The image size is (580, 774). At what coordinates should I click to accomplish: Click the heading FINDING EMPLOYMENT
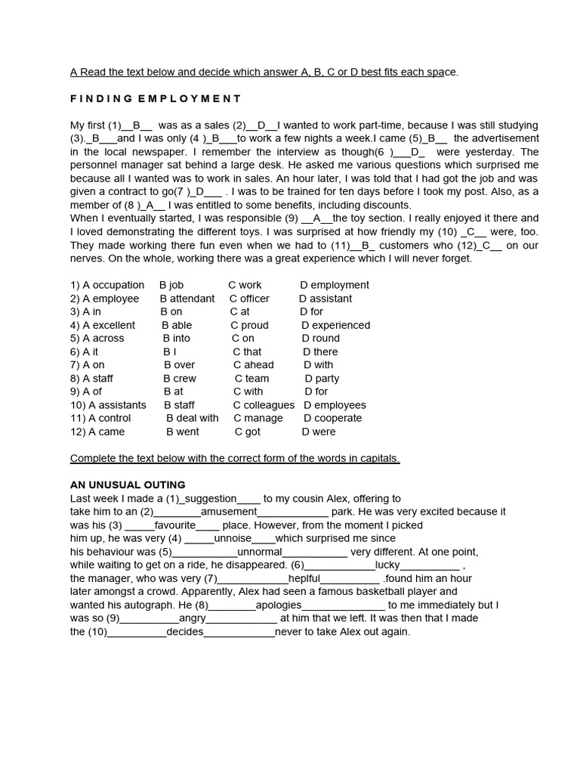click(156, 98)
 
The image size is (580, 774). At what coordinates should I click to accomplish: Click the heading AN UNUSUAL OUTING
click(128, 485)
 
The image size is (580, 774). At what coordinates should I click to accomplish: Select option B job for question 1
click(171, 285)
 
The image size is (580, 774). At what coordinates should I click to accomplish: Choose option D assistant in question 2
click(325, 299)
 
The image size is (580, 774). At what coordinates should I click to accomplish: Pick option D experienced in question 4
click(335, 325)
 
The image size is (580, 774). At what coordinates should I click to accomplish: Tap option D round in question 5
click(321, 338)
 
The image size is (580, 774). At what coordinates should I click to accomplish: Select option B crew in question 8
click(180, 378)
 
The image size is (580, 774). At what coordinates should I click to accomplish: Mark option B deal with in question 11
click(192, 418)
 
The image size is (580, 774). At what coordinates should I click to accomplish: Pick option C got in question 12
click(247, 432)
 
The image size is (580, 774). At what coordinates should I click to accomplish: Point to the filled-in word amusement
click(229, 512)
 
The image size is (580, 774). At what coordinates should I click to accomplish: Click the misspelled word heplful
click(304, 578)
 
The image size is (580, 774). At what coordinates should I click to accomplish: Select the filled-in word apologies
click(279, 605)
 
